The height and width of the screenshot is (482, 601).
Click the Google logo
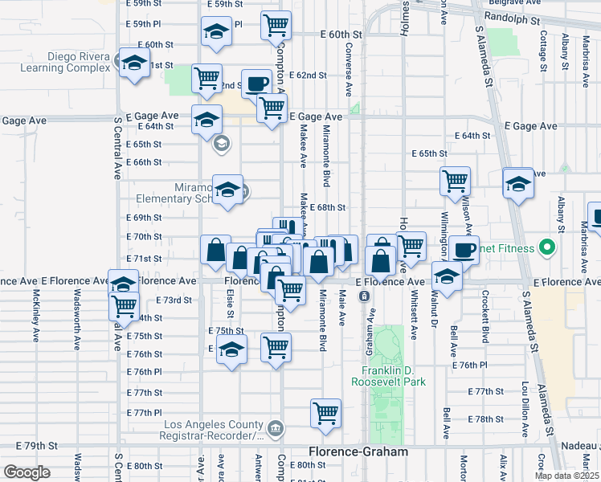[x=27, y=472]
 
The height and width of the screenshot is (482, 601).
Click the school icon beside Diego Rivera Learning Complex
[x=133, y=63]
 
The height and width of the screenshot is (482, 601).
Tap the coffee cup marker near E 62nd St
[x=256, y=84]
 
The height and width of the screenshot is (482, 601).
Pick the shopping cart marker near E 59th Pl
[x=276, y=26]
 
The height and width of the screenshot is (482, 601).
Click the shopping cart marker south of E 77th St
[x=325, y=414]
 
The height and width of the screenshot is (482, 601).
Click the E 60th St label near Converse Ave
[x=341, y=35]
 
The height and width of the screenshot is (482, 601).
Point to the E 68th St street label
[x=327, y=207]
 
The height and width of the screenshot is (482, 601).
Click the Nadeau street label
[x=582, y=447]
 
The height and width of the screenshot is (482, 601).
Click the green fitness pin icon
[x=550, y=247]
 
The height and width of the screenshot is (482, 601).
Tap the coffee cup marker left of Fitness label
[x=463, y=250]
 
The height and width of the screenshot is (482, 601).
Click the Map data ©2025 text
[x=566, y=476]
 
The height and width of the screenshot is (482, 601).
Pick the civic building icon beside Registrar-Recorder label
[x=276, y=427]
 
